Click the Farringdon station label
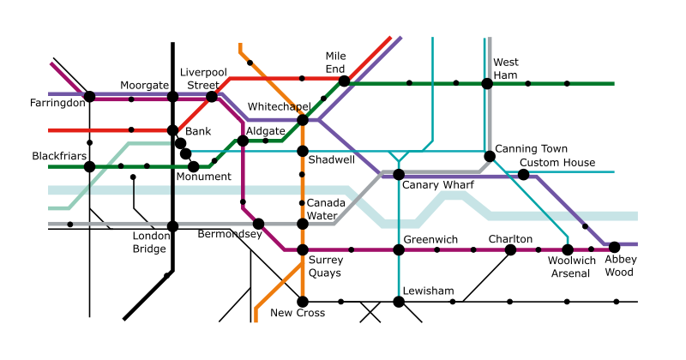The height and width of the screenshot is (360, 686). pos(57,104)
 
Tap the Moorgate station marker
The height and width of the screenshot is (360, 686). pos(172,97)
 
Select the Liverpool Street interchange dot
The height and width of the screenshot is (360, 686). pos(212,97)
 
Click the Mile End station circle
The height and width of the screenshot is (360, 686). pos(344,81)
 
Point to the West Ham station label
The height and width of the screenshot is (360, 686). pos(506,69)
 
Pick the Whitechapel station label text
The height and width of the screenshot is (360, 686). pos(280,105)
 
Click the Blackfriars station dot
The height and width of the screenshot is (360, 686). pos(90,166)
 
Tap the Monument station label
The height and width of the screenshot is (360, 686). pos(203,177)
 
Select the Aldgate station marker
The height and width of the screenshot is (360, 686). pos(243,141)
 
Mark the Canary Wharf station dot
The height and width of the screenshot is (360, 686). pos(399,174)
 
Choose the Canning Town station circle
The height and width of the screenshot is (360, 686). pos(489,156)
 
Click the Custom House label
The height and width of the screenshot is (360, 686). pos(557,163)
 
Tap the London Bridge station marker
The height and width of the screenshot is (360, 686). pos(172,226)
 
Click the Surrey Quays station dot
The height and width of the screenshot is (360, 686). pos(302,249)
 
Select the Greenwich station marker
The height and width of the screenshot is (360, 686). pos(399,249)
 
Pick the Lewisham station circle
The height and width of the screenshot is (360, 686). pos(399,302)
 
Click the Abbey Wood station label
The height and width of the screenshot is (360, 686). pos(619,266)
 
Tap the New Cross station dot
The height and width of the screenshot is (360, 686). pos(302,302)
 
